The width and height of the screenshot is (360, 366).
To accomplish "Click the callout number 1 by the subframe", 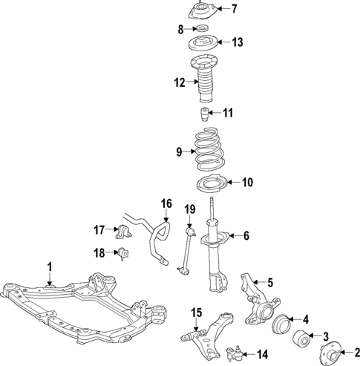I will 50,266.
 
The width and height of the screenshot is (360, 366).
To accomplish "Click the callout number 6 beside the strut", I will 247,236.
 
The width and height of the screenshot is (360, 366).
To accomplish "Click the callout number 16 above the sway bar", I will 166,203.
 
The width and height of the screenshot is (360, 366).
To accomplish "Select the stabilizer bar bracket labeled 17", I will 123,232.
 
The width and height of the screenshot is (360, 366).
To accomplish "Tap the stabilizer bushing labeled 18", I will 123,254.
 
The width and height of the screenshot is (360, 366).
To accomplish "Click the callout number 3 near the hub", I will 325,336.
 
